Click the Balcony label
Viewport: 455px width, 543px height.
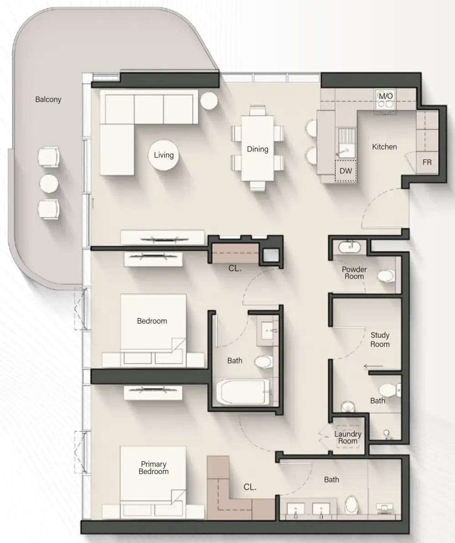click(x=48, y=99)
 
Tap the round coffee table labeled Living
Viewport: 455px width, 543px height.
click(x=164, y=155)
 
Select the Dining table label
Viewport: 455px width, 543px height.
click(x=257, y=149)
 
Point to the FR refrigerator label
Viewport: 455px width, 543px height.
click(x=427, y=162)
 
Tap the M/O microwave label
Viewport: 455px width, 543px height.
click(x=386, y=96)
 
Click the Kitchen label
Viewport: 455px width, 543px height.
click(x=384, y=147)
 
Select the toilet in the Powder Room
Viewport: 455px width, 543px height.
click(x=386, y=276)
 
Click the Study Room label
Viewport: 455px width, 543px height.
click(x=380, y=340)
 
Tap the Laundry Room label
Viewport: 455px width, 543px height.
click(x=348, y=438)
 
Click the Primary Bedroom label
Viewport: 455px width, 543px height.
click(x=153, y=468)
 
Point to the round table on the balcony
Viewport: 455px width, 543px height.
click(x=49, y=183)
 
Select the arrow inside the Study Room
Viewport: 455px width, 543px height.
click(x=373, y=366)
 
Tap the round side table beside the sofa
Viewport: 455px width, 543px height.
click(x=210, y=101)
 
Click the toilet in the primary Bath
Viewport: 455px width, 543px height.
click(x=351, y=505)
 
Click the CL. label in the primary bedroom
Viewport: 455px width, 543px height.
click(x=250, y=487)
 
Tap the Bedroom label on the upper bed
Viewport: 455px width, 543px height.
click(x=152, y=321)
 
